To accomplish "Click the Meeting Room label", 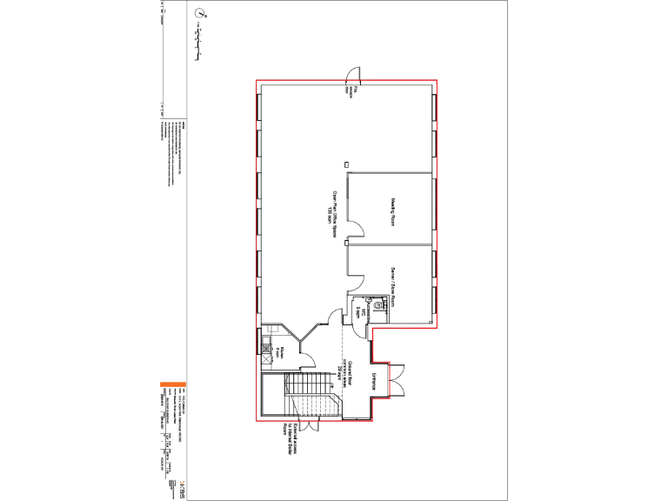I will coord(393,211).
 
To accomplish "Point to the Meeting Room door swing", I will coord(356,229).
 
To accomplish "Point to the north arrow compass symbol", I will coord(201,14).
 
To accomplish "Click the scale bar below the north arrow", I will coord(201,43).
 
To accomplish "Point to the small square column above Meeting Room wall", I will coord(346,164).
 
